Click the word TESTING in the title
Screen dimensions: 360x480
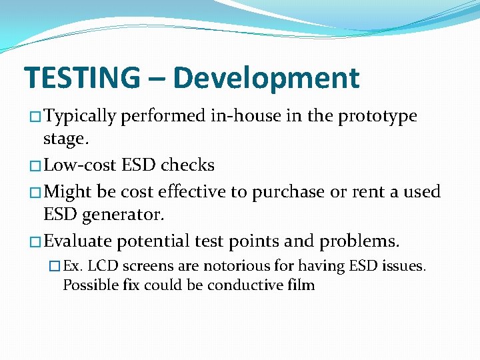82,78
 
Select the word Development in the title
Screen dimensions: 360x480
266,78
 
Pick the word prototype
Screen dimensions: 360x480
377,116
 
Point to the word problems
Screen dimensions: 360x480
359,241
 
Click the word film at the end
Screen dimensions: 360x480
302,285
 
